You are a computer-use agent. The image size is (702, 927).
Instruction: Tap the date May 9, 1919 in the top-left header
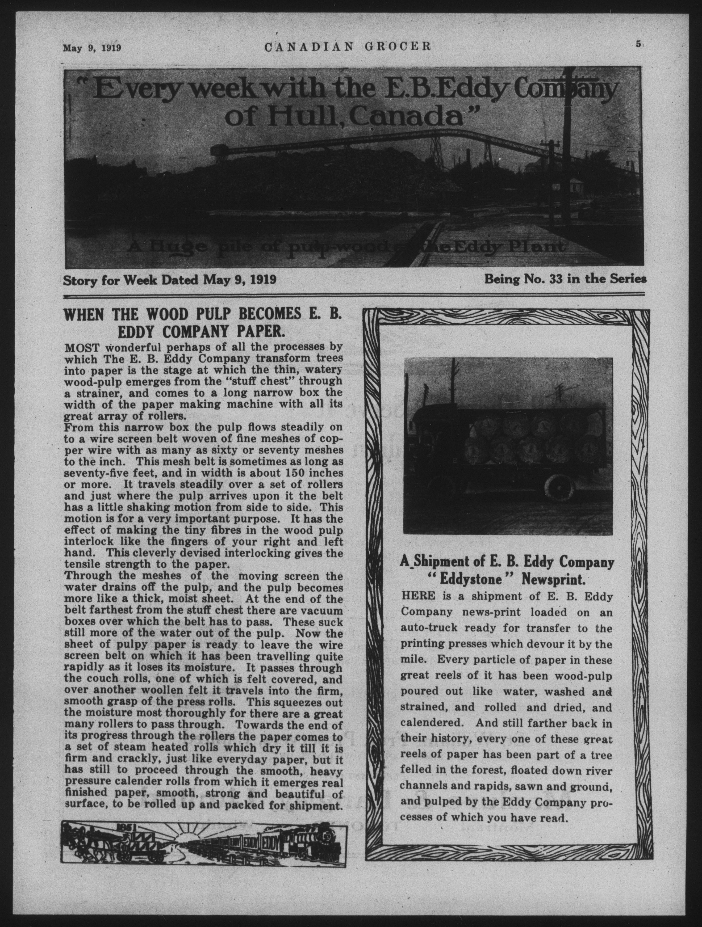pyautogui.click(x=92, y=47)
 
